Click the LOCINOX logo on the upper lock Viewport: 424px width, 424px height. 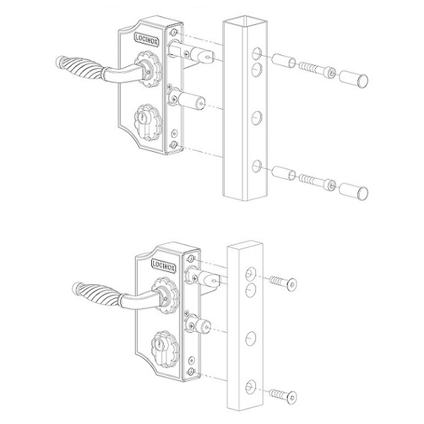point(147,40)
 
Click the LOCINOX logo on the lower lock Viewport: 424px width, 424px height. point(164,265)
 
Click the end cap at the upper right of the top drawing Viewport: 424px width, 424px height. point(353,78)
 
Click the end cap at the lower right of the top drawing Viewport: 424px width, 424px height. point(353,192)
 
